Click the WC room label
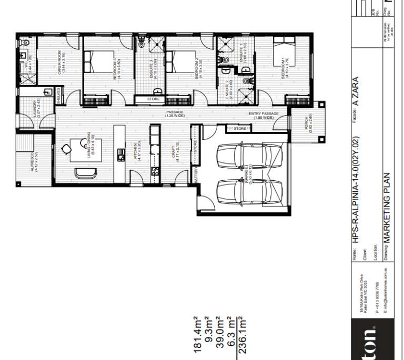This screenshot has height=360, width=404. coord(31,64)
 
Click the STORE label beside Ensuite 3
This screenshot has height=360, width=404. coord(153,98)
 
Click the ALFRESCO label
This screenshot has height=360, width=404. coord(33,163)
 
